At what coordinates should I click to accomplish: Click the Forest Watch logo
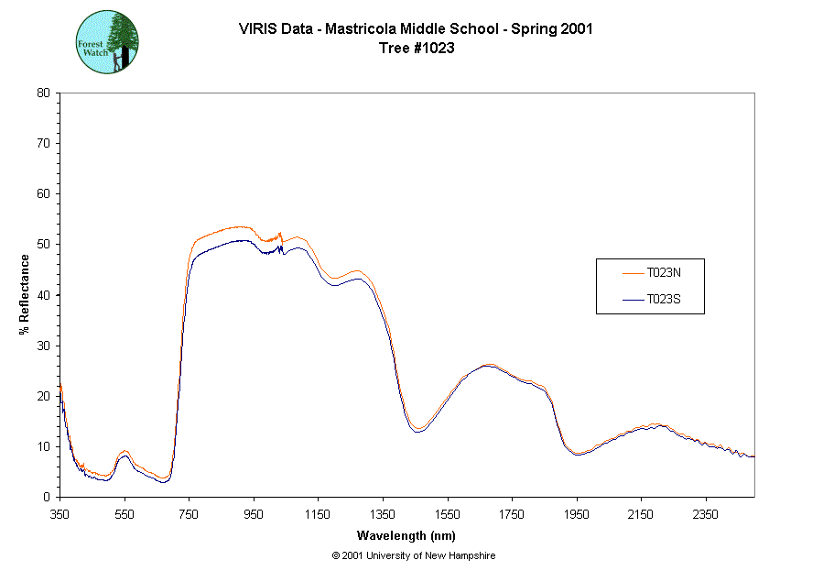point(107,42)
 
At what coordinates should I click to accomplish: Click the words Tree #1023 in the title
point(417,49)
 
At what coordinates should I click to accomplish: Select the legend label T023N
point(664,273)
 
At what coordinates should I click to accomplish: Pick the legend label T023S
point(664,299)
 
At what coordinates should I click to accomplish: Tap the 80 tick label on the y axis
point(43,93)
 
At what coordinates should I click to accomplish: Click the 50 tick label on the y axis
point(43,245)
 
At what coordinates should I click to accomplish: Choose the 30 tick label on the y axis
point(43,346)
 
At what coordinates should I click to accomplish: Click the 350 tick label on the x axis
point(60,514)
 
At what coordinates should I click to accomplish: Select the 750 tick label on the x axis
point(189,514)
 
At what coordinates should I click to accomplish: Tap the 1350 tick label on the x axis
point(382,514)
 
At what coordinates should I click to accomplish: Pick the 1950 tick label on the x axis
point(576,514)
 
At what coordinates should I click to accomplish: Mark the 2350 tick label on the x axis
point(705,514)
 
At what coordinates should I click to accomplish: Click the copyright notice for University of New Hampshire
point(414,555)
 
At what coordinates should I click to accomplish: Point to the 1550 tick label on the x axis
point(447,514)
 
